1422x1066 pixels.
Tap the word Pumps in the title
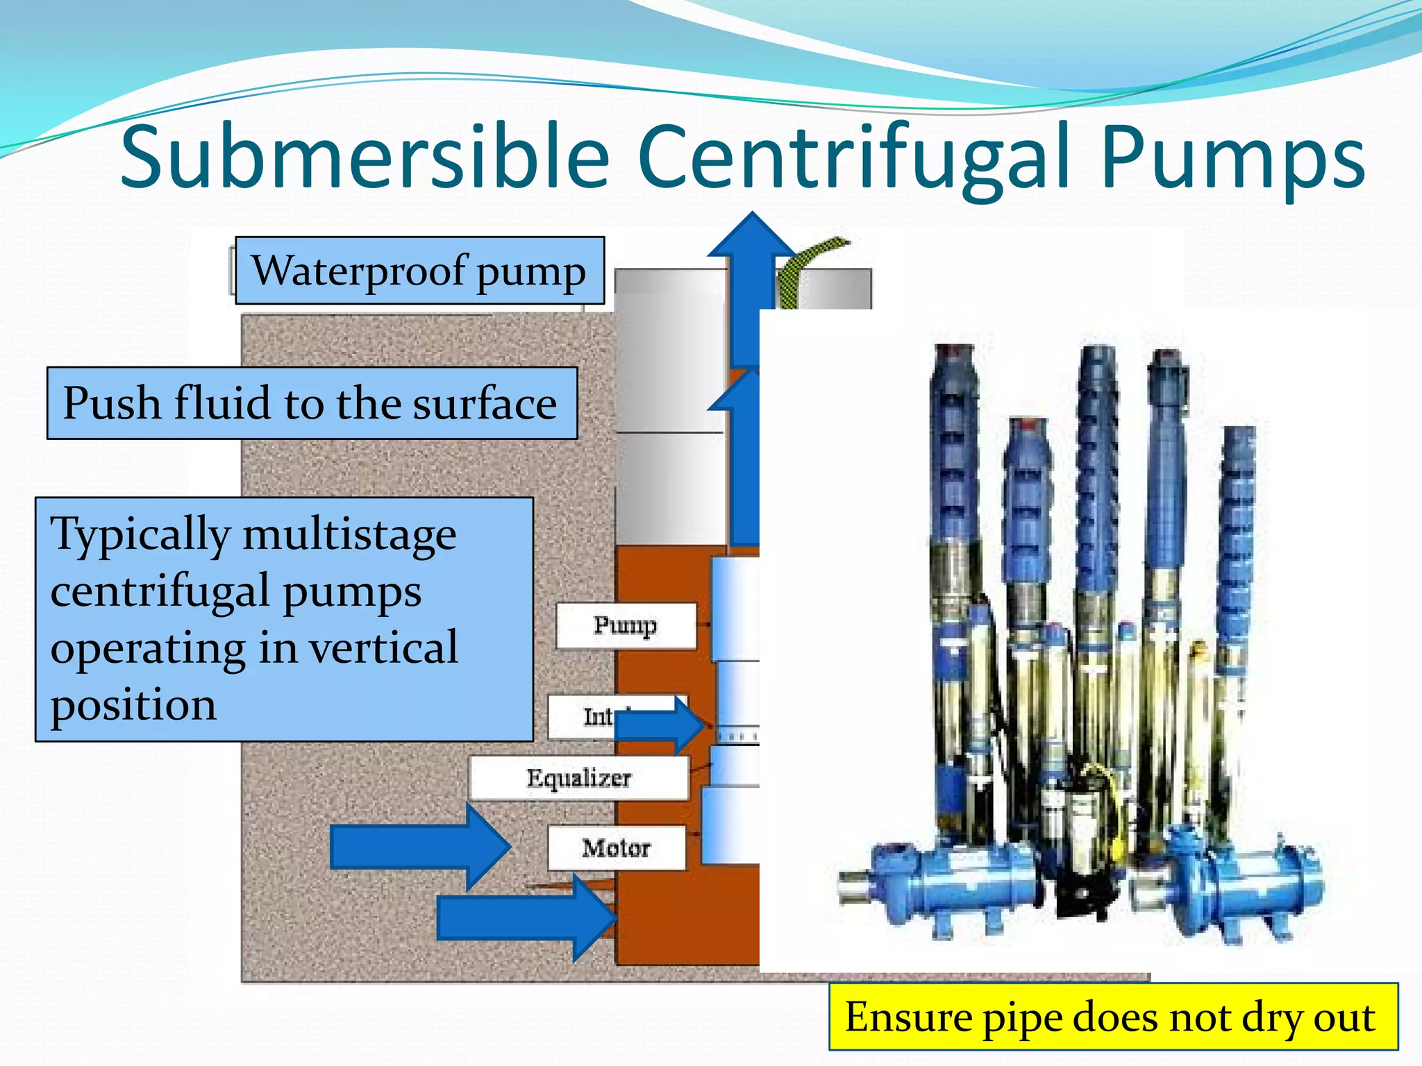1232,158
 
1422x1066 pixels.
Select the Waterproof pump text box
419,271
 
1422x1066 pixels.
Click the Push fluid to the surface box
312,403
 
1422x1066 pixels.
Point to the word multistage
349,535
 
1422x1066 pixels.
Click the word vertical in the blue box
383,648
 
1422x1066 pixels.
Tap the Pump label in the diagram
625,625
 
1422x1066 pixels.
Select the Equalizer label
578,778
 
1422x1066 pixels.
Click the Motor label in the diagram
616,848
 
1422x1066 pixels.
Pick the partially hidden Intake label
583,717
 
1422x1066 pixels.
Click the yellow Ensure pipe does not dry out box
1112,1017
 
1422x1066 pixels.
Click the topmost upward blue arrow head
752,239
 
